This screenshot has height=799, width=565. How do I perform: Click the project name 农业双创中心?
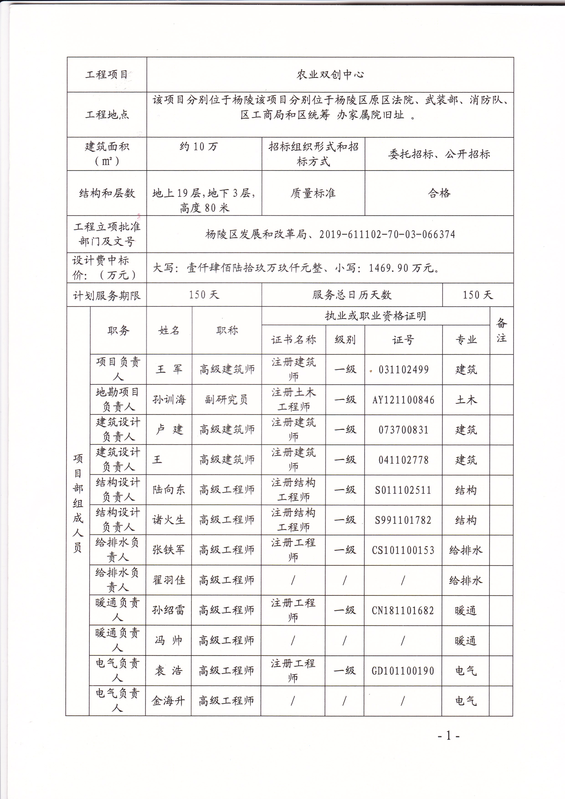coord(330,75)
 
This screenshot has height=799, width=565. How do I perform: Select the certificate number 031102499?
coord(403,370)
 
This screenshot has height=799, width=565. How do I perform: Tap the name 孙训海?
coord(169,400)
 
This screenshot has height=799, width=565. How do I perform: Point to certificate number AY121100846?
coord(403,400)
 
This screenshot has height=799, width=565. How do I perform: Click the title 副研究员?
coord(226,400)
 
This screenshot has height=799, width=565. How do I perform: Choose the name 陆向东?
coord(169,490)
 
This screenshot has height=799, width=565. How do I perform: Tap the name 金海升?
coord(168,701)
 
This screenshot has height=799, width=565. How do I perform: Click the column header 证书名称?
coord(294,340)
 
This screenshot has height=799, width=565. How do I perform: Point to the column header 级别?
coord(345,340)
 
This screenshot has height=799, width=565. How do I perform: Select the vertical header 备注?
coord(501,330)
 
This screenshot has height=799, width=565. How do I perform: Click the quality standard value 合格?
coord(439,193)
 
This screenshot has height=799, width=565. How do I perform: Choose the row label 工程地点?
coord(107,115)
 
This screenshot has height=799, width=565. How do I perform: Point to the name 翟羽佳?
coord(169,580)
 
